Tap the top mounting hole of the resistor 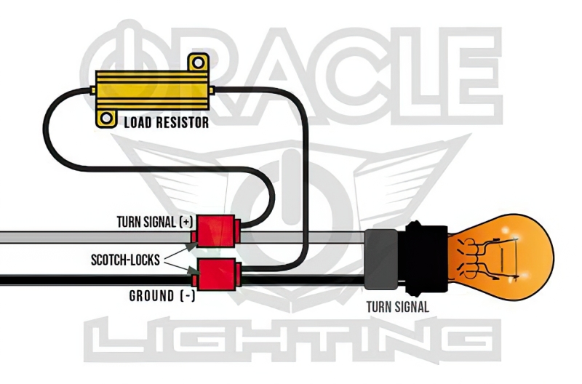pos(195,64)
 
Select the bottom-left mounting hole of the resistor pos(107,118)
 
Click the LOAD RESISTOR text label pos(166,122)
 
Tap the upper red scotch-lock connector pos(216,230)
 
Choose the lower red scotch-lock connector pos(216,273)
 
